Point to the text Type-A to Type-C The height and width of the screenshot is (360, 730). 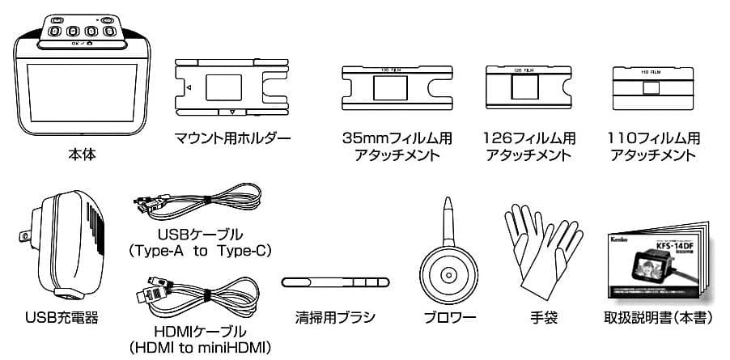[200, 251]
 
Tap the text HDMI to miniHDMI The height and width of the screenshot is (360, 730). [200, 348]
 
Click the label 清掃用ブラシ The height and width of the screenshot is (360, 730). [335, 318]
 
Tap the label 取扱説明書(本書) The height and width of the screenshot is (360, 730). [658, 318]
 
